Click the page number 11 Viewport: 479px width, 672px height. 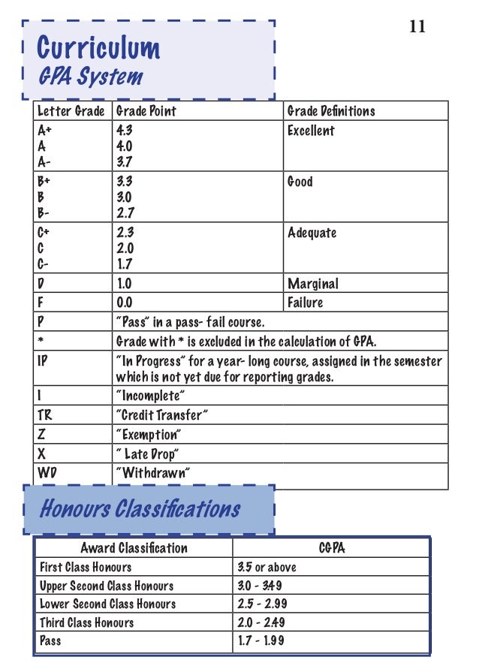point(417,27)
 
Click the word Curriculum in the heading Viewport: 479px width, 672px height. point(98,48)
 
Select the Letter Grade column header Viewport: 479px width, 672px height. point(71,111)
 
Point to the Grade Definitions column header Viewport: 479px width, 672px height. point(331,111)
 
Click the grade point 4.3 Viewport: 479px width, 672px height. point(125,131)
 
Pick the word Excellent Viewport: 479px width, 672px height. point(311,131)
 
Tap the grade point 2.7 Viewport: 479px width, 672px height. point(125,213)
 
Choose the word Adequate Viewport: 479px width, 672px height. point(312,233)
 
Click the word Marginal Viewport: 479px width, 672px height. point(312,284)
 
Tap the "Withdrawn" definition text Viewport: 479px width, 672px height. point(153,473)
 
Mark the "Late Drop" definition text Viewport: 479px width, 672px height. point(151,454)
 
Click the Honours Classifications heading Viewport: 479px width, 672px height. point(140,509)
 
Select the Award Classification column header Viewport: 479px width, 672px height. point(134,548)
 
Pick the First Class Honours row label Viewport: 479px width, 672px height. point(86,567)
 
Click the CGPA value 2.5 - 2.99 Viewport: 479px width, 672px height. point(262,604)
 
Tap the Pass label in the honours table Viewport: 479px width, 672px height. point(50,640)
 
